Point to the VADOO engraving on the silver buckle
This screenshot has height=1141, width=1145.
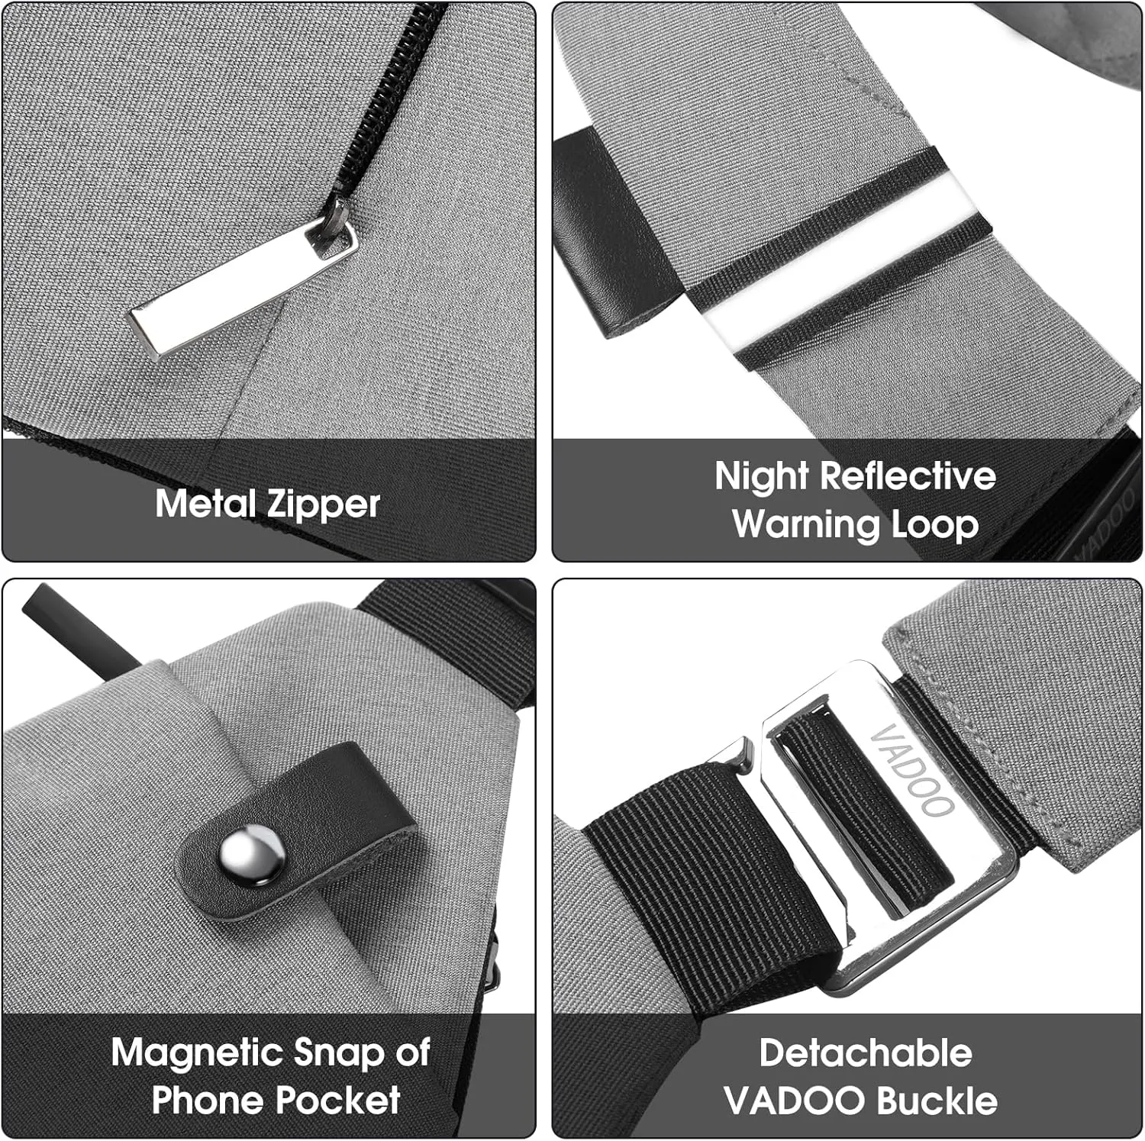[912, 770]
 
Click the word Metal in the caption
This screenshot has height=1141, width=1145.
[206, 504]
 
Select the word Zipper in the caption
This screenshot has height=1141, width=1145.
[324, 505]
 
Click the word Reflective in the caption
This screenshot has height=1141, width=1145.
[908, 475]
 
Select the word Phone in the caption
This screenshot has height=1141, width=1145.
[208, 1100]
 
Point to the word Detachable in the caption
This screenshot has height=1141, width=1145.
[866, 1053]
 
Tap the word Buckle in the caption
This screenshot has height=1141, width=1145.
[937, 1101]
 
